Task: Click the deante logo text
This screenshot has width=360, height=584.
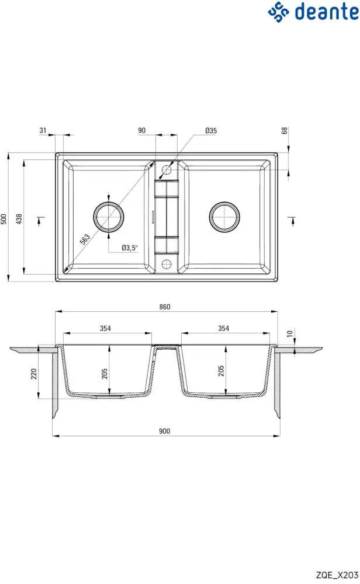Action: [327, 11]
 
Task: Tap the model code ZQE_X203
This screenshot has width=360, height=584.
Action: [337, 575]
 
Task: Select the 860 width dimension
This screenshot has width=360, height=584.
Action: [165, 307]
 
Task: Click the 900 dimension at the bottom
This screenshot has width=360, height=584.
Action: [164, 431]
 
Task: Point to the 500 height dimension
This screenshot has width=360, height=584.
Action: [4, 219]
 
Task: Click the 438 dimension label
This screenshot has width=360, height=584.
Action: [19, 219]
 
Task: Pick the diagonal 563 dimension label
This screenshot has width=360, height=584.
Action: [85, 239]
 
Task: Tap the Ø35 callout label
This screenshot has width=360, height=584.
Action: [211, 130]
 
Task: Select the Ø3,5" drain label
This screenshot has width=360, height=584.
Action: [130, 248]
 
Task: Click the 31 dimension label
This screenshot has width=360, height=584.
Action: [43, 130]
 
